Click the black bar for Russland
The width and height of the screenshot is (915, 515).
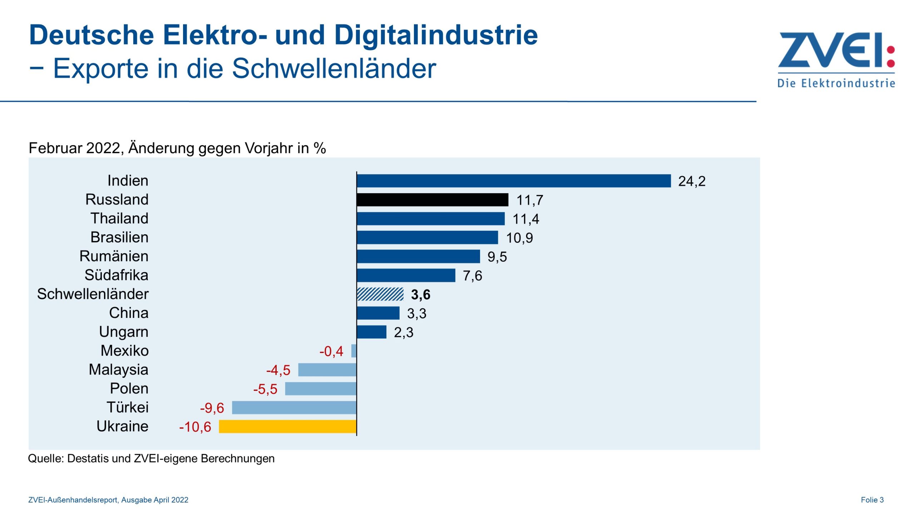(432, 200)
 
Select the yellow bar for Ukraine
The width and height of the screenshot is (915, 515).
(287, 426)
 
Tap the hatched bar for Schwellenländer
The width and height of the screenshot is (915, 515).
(380, 294)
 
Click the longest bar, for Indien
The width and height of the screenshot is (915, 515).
(514, 181)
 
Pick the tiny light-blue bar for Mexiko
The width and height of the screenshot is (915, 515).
(354, 351)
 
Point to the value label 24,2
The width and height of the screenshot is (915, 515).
(692, 181)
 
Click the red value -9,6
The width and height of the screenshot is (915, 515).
(212, 408)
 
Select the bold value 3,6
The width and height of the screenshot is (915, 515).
(420, 295)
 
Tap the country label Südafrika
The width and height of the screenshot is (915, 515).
(116, 275)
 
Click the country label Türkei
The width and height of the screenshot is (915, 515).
(127, 407)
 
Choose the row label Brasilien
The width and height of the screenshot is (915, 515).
(119, 237)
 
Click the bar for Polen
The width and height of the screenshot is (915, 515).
(321, 389)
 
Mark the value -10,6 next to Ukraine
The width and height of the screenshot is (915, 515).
(195, 427)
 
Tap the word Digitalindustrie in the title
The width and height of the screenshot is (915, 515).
(435, 35)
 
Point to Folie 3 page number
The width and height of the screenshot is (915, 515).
(872, 500)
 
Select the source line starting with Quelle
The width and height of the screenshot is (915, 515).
(151, 458)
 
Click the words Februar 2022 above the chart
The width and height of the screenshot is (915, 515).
(75, 148)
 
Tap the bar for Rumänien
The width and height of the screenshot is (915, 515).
(418, 256)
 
